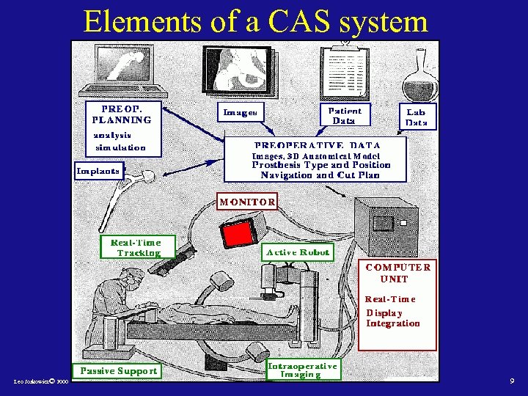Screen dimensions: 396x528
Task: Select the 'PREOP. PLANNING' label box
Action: (x=121, y=114)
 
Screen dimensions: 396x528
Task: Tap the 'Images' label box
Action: (x=241, y=113)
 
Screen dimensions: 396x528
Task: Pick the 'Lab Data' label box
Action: (x=417, y=117)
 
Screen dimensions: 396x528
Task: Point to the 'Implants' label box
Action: (x=98, y=171)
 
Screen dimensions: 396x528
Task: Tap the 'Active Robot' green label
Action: (x=298, y=252)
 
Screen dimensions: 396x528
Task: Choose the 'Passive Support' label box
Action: (x=117, y=370)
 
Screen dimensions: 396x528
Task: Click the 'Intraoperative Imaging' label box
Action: (x=302, y=370)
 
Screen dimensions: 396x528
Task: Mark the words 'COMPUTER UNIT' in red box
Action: (x=398, y=273)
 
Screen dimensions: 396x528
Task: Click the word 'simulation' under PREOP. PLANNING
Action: (x=120, y=147)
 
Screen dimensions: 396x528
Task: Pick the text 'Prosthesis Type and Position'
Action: (x=321, y=165)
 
